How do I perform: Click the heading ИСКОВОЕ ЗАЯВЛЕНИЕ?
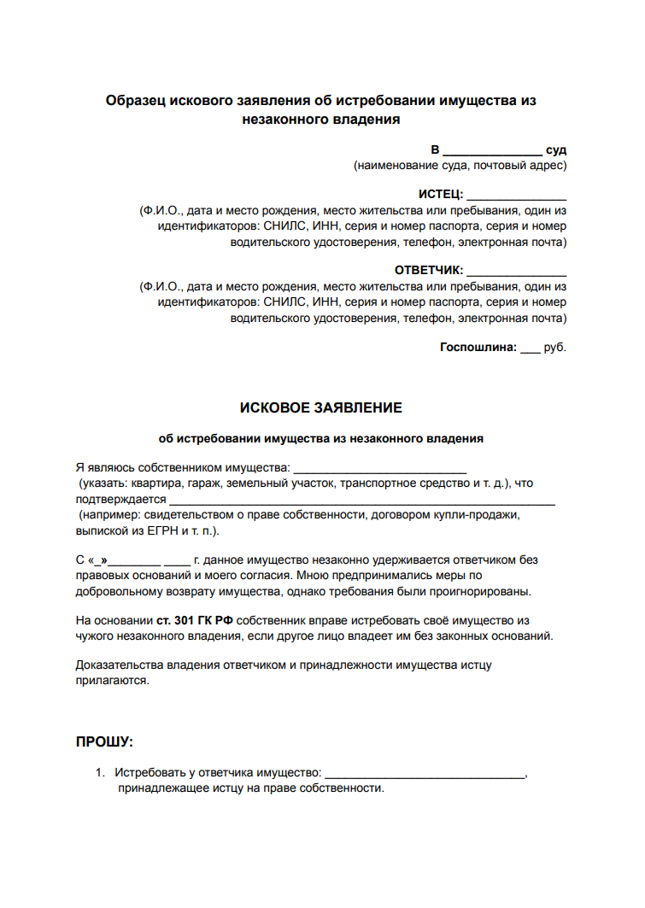pos(321,407)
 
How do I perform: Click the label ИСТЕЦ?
pos(440,194)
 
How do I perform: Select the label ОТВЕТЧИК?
pos(428,270)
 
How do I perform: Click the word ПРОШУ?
pos(105,741)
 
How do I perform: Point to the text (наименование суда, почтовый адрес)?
pos(460,165)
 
